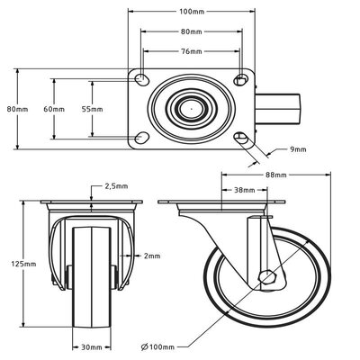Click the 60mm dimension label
click(x=54, y=109)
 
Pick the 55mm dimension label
click(x=92, y=109)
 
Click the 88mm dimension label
click(x=275, y=175)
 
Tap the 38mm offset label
click(x=244, y=191)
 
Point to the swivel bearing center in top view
click(x=191, y=109)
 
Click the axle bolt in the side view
click(x=267, y=276)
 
